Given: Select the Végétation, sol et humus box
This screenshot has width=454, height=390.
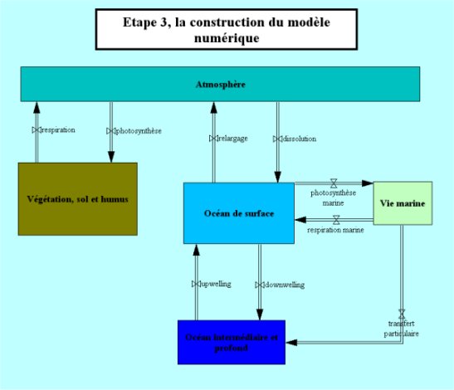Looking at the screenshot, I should [x=77, y=199].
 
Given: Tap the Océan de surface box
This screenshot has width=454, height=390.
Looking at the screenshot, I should [x=238, y=213].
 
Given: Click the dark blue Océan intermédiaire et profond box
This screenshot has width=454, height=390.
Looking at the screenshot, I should [x=232, y=341].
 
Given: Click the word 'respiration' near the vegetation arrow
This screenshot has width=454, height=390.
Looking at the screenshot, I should [x=58, y=130].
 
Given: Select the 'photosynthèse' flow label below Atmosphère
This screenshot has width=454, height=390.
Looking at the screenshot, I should [x=138, y=130].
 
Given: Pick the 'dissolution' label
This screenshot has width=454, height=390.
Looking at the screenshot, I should [x=298, y=139].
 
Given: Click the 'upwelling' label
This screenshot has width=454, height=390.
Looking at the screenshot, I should [x=215, y=284].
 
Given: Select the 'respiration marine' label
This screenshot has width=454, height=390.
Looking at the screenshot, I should [x=335, y=229].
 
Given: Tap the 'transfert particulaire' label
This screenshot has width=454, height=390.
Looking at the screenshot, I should [x=402, y=329].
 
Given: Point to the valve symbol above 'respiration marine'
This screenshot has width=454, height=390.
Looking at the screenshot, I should [x=336, y=219].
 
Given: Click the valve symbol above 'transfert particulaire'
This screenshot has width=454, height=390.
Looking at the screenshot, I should [x=402, y=313].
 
